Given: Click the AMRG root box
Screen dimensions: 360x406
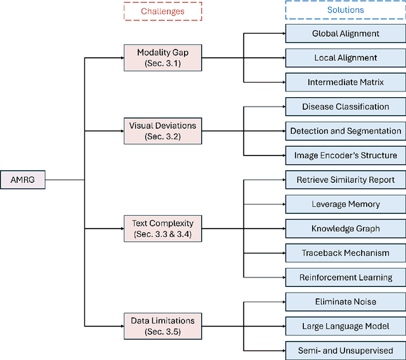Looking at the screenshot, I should [23, 180].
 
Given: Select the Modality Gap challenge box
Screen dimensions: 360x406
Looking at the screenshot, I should [162, 58].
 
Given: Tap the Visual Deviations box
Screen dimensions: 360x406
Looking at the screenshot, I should [162, 131].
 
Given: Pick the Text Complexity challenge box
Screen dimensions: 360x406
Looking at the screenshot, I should [162, 229].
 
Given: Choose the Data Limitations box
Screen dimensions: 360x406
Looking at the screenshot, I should [162, 326].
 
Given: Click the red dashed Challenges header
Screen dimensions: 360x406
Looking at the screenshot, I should [162, 11].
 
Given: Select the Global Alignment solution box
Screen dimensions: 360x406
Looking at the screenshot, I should [346, 33].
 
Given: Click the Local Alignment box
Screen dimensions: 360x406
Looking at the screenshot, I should [346, 58].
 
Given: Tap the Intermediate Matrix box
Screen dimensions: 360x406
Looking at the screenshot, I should [346, 82].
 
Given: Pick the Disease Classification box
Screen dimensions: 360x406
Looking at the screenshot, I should [346, 107].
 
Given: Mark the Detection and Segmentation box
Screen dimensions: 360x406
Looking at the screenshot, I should [346, 131].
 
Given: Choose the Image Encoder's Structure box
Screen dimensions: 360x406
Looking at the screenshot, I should [346, 155].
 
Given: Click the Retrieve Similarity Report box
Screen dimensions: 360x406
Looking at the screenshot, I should [346, 180].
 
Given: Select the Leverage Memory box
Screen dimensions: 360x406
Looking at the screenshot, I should [346, 204].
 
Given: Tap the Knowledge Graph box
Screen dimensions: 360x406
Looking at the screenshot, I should [346, 229].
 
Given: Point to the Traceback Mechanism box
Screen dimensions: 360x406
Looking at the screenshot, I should [346, 253].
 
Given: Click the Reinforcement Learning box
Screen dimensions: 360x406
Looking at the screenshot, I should [346, 277].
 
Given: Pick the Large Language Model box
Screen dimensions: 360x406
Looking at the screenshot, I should [346, 326].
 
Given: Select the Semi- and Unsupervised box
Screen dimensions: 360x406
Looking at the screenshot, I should [346, 350].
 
